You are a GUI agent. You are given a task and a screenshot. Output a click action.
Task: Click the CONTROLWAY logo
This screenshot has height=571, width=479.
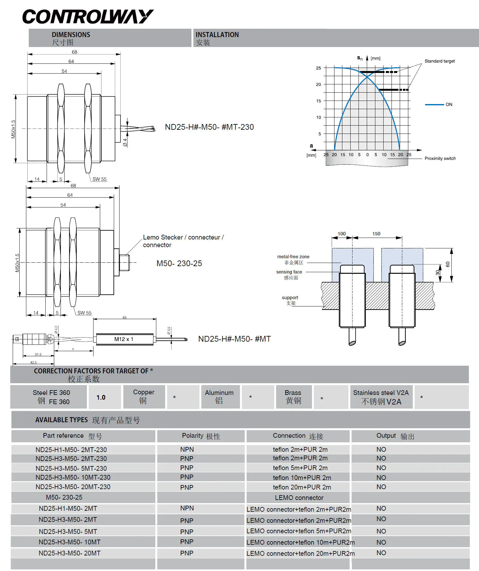(x=88, y=16)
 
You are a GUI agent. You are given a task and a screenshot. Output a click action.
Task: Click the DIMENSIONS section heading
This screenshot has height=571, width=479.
(x=71, y=35)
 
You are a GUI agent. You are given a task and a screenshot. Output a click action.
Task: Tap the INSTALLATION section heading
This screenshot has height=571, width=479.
(x=217, y=35)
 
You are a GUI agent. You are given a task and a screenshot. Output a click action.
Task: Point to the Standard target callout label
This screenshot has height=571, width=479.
(x=439, y=61)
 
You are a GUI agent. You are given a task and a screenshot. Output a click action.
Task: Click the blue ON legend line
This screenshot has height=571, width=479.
(x=434, y=104)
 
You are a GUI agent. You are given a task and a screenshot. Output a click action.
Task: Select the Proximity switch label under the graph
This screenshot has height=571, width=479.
(x=440, y=158)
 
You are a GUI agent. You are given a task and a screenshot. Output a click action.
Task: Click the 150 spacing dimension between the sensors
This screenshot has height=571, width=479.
(x=376, y=234)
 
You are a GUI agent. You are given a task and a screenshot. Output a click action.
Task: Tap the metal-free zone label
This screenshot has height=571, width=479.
(x=293, y=257)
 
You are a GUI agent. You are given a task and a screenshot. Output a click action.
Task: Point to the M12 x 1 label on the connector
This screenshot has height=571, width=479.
(x=124, y=339)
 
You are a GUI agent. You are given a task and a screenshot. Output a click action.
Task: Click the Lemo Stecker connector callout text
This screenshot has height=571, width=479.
(x=183, y=241)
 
